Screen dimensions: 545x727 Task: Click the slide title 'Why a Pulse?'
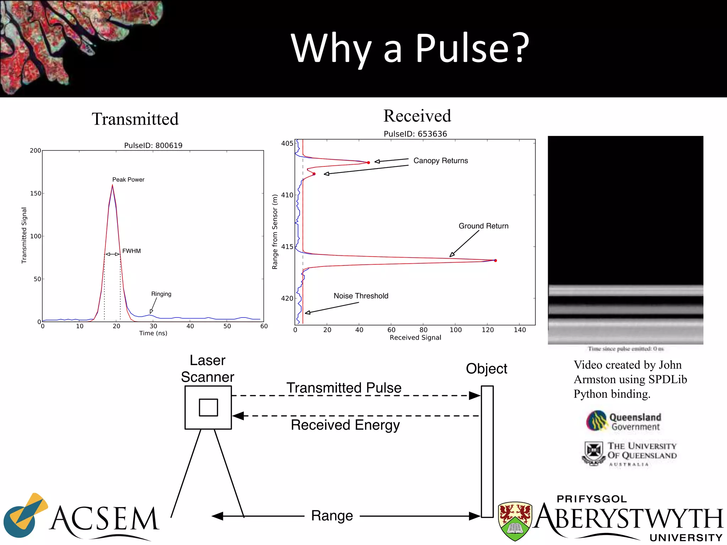pyautogui.click(x=410, y=48)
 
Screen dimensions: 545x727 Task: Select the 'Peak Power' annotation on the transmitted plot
pyautogui.click(x=128, y=180)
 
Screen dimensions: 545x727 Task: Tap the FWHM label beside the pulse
pyautogui.click(x=131, y=251)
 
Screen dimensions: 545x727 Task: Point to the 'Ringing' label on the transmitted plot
pyautogui.click(x=161, y=294)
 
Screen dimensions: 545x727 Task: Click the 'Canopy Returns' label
pyautogui.click(x=441, y=161)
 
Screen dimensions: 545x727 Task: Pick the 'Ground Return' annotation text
pyautogui.click(x=483, y=226)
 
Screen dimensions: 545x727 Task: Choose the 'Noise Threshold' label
pyautogui.click(x=361, y=296)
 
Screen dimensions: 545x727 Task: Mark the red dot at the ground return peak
pyautogui.click(x=496, y=260)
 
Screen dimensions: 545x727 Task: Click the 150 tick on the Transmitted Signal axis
pyautogui.click(x=35, y=193)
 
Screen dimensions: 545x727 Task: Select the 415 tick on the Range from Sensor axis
pyautogui.click(x=287, y=247)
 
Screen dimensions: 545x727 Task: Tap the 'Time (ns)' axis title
pyautogui.click(x=153, y=333)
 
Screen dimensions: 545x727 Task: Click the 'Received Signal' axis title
pyautogui.click(x=415, y=337)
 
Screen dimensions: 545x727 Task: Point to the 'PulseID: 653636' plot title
pyautogui.click(x=415, y=134)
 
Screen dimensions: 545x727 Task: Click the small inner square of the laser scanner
pyautogui.click(x=208, y=407)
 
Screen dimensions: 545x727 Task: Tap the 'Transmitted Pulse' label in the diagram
pyautogui.click(x=344, y=388)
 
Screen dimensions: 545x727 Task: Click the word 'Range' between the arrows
pyautogui.click(x=332, y=516)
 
